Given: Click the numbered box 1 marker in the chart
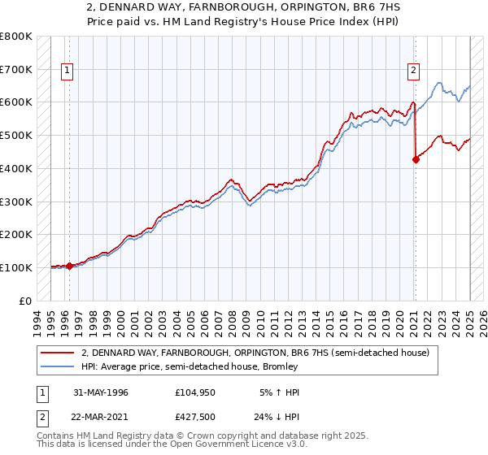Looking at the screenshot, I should [68, 71].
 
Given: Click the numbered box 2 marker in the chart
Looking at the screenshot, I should [413, 71].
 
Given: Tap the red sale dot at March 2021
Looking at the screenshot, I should [416, 159].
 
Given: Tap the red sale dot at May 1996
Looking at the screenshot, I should [69, 266].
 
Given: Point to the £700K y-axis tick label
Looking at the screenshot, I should [16, 69].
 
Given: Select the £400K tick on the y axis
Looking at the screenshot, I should [16, 168].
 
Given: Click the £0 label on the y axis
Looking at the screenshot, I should [24, 301].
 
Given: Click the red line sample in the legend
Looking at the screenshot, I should [58, 353].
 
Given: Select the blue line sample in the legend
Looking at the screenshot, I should [58, 367].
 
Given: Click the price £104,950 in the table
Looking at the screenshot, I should [196, 392].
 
